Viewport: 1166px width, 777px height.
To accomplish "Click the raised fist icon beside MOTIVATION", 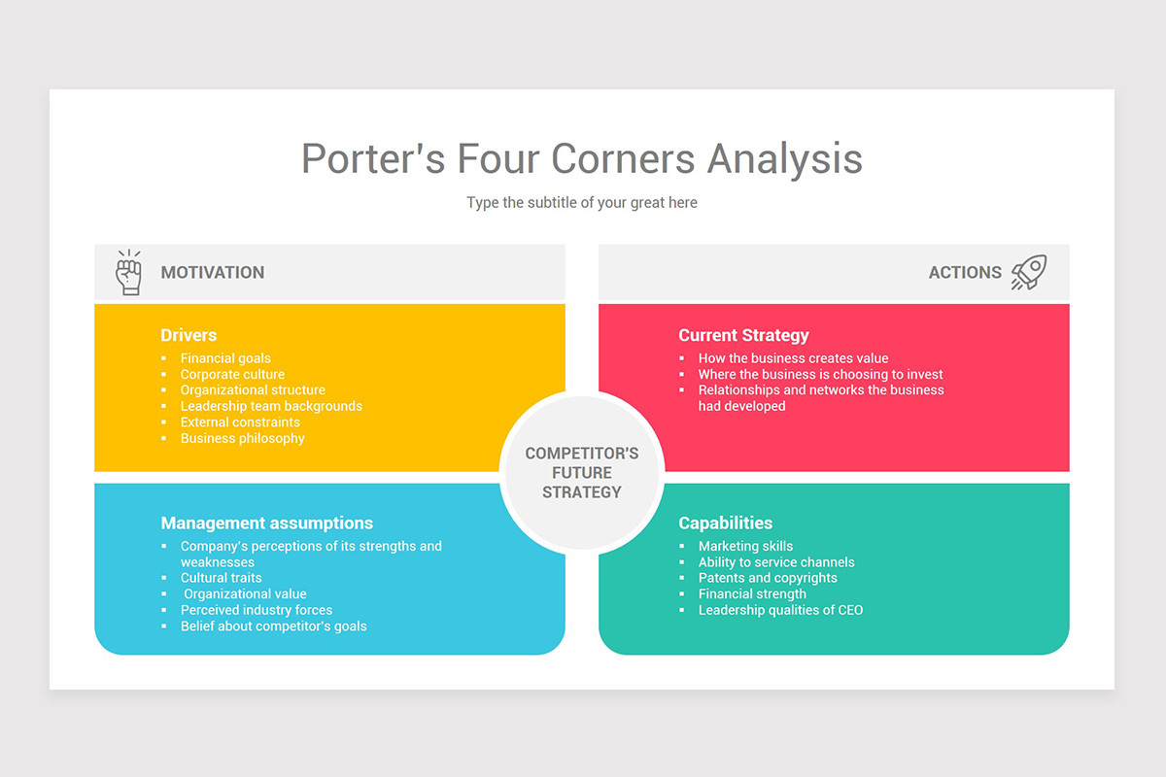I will pyautogui.click(x=128, y=272).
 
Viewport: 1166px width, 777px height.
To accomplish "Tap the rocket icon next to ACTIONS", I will pyautogui.click(x=1029, y=272).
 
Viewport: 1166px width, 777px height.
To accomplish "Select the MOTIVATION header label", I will pyautogui.click(x=213, y=273).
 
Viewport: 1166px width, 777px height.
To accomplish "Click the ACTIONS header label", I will pyautogui.click(x=965, y=273).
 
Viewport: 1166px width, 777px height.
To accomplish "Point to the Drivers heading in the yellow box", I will pyautogui.click(x=189, y=335).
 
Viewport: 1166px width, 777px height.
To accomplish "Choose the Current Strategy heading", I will pyautogui.click(x=743, y=335).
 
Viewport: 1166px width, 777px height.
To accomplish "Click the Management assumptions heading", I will pyautogui.click(x=267, y=524).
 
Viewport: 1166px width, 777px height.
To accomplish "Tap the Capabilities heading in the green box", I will pyautogui.click(x=726, y=524).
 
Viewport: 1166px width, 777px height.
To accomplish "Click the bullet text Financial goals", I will pyautogui.click(x=225, y=358).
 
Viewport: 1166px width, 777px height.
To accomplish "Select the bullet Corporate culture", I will pyautogui.click(x=232, y=374).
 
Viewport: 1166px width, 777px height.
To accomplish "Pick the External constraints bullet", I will pyautogui.click(x=240, y=422).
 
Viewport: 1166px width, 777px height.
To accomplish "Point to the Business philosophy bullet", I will pyautogui.click(x=243, y=438).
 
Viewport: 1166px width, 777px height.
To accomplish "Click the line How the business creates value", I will pyautogui.click(x=793, y=358).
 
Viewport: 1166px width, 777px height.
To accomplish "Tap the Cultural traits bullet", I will pyautogui.click(x=221, y=578).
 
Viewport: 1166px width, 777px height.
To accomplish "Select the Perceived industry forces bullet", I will pyautogui.click(x=257, y=610).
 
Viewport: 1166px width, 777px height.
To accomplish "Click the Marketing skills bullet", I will pyautogui.click(x=745, y=546).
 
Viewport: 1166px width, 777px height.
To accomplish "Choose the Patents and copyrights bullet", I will pyautogui.click(x=768, y=578).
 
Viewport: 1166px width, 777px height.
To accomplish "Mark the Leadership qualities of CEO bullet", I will pyautogui.click(x=780, y=610).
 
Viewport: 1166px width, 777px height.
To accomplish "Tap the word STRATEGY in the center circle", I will pyautogui.click(x=582, y=491).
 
